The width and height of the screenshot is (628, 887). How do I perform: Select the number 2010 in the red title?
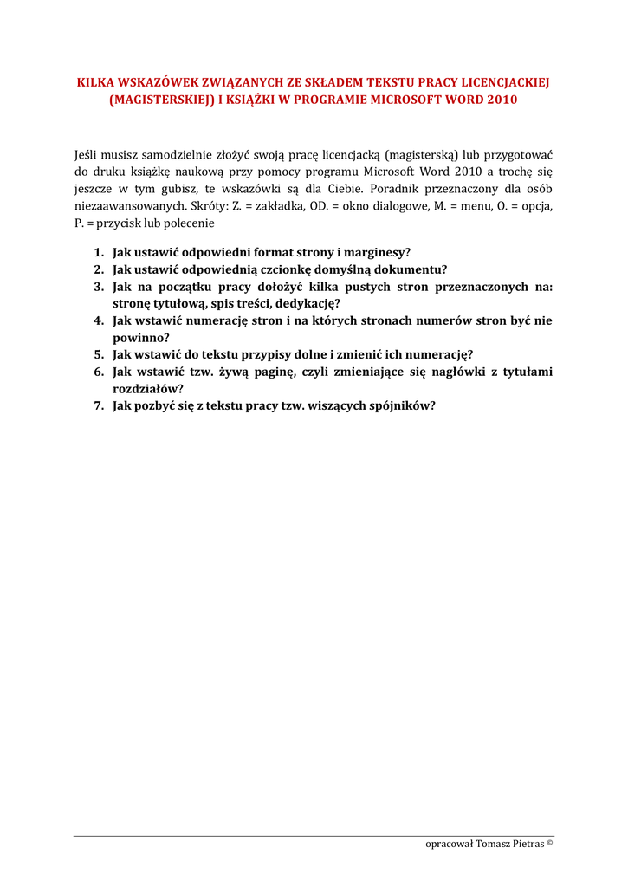502,100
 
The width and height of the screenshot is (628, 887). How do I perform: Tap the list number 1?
98,252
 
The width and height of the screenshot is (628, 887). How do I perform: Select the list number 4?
98,320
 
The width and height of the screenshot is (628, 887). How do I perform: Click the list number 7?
98,405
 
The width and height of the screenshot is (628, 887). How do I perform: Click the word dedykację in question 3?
308,303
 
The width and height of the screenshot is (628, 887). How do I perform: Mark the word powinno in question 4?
140,338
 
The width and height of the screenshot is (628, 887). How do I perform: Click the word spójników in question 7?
401,405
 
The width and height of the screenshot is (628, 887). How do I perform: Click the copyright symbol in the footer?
549,842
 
